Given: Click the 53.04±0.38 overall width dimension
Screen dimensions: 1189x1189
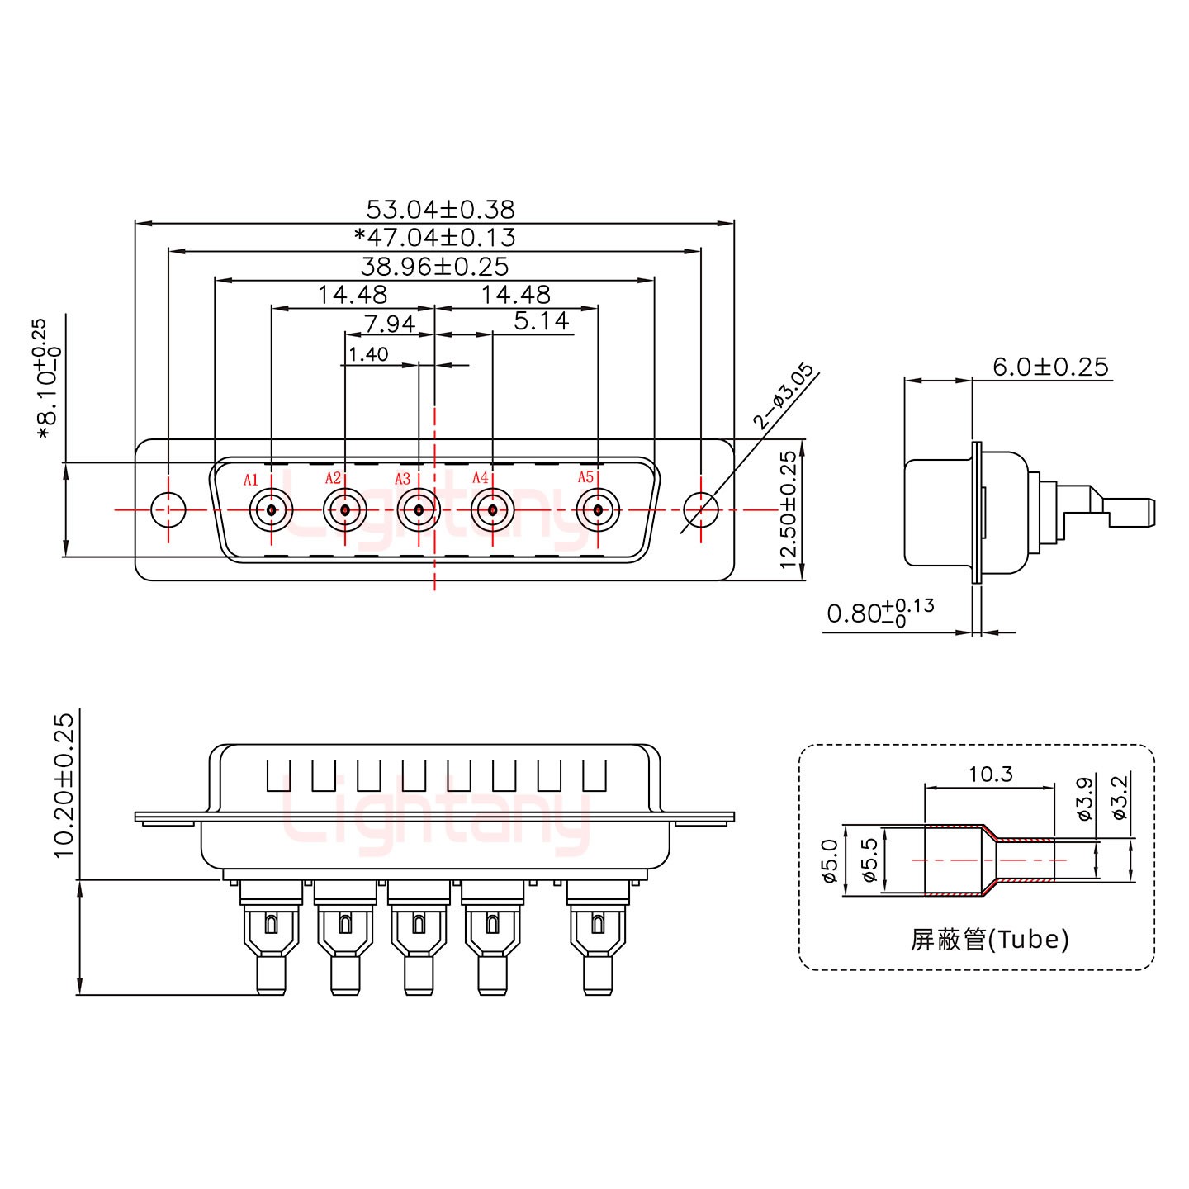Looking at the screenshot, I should click(x=440, y=209).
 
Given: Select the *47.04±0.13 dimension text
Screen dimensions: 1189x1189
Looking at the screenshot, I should click(x=434, y=238).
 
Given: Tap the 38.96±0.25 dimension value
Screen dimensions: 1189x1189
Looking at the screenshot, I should click(x=434, y=267).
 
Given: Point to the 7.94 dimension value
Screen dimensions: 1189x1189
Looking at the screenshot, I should click(x=389, y=323).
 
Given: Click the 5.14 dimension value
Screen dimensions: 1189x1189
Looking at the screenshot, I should click(x=541, y=320).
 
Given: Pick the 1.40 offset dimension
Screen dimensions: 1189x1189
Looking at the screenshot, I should click(x=368, y=354).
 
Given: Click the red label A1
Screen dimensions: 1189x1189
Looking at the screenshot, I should click(x=251, y=480).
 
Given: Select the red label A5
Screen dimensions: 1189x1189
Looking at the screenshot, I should click(x=585, y=477).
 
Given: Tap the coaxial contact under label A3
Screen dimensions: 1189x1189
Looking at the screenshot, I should click(x=419, y=510).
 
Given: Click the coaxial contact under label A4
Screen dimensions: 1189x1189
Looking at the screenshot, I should click(x=492, y=510).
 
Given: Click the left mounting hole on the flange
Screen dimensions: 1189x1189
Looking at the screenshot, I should click(x=169, y=509).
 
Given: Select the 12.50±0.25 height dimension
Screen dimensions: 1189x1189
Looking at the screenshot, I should click(x=789, y=509).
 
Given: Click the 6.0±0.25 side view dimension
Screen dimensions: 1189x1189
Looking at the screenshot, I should click(x=1049, y=367).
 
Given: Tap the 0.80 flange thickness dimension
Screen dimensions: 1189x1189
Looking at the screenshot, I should click(x=879, y=613).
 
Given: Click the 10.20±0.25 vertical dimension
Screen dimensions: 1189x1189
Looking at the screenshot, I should click(x=64, y=784).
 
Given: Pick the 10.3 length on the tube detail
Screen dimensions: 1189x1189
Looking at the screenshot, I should click(x=990, y=774).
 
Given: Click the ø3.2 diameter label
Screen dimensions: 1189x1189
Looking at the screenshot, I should click(x=1120, y=798).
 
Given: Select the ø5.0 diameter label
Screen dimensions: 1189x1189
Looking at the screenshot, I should click(x=830, y=860).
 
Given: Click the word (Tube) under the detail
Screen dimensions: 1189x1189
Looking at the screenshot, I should click(x=1029, y=939).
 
